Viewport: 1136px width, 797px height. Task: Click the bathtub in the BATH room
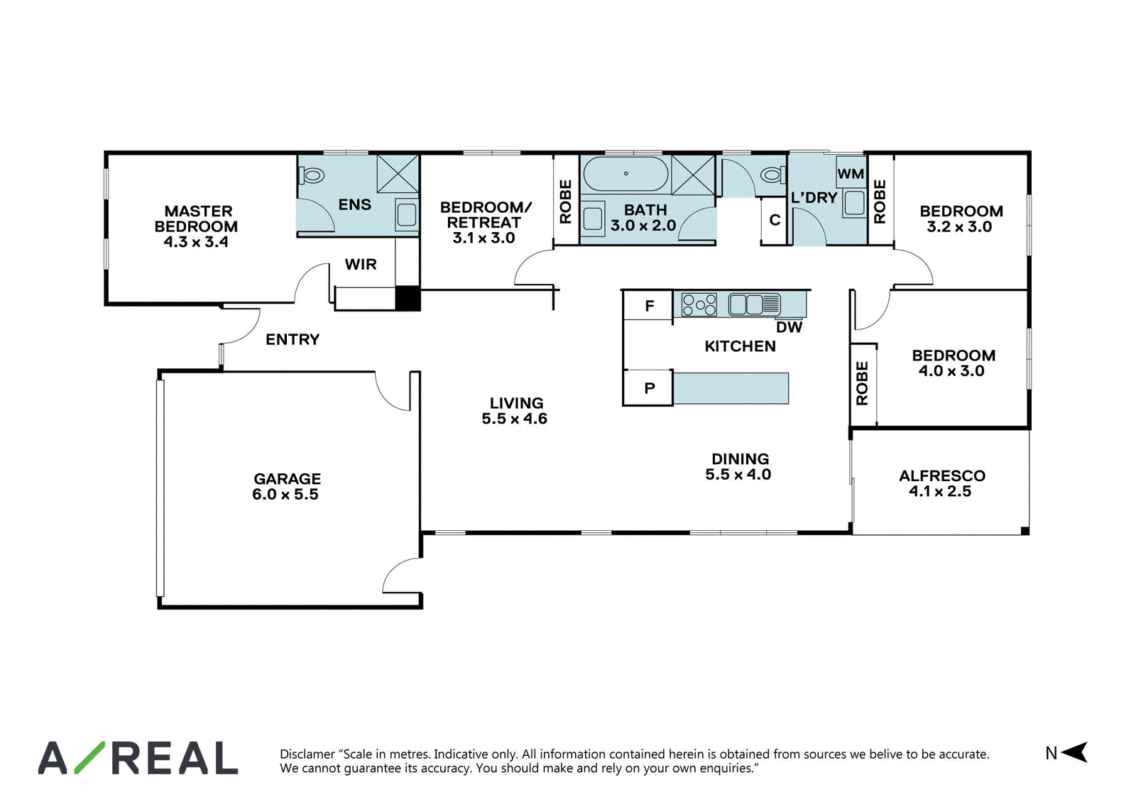tap(626, 174)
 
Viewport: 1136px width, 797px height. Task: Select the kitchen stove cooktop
tap(699, 305)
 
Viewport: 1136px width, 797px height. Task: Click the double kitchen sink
tap(754, 304)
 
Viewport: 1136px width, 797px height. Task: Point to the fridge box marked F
tap(648, 305)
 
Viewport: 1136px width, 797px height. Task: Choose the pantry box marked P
tap(648, 387)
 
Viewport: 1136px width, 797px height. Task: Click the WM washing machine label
tap(851, 174)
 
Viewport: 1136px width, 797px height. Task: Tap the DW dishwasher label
tap(789, 327)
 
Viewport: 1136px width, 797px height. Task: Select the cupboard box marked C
tap(774, 220)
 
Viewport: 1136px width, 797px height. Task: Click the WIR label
tap(361, 264)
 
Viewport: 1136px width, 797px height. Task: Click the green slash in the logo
tap(89, 757)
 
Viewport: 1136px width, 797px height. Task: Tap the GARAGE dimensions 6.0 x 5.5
tap(285, 495)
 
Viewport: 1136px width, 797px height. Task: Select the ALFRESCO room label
tap(941, 476)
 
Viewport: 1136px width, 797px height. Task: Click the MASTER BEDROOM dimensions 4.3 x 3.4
tap(196, 242)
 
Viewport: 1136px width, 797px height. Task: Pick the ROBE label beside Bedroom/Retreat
tap(565, 202)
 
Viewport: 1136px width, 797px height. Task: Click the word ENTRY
tap(293, 339)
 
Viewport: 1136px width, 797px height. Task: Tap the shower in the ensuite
tap(398, 174)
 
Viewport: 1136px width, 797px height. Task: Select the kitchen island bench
tap(731, 388)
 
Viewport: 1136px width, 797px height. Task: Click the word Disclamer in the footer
tap(307, 754)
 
